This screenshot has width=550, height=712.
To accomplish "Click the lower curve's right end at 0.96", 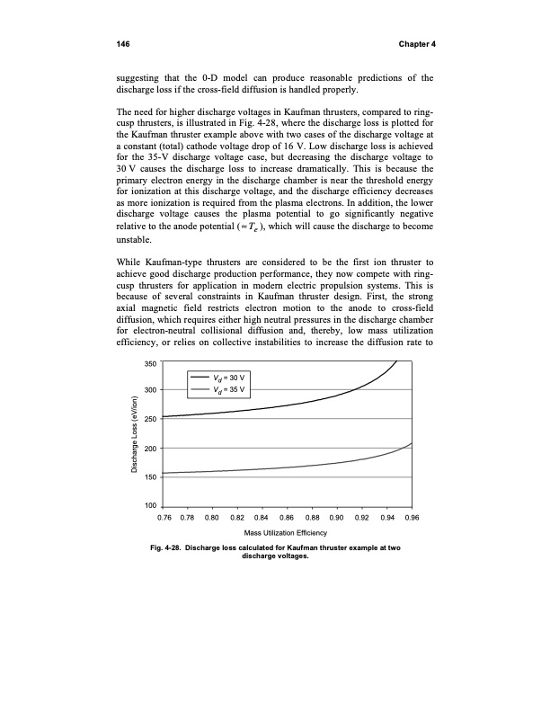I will click(x=412, y=443).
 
